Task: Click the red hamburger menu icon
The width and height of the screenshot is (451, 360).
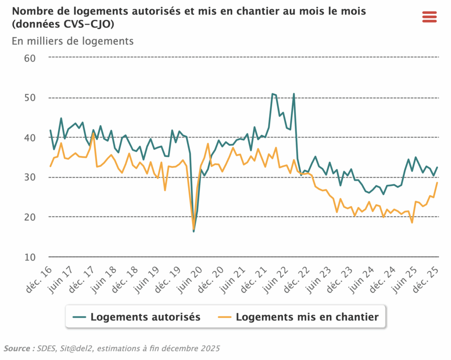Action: pos(429,16)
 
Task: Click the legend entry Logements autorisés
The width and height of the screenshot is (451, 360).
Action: pos(137,317)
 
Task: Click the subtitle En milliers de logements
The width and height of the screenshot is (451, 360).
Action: pos(73,41)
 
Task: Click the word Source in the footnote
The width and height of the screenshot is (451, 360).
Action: pos(17,349)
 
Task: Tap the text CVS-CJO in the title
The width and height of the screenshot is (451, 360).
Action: pos(90,25)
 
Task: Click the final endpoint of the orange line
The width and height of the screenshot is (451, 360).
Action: pos(437,183)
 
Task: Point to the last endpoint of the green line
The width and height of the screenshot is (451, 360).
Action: pos(437,167)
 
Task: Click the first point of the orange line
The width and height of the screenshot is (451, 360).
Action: pos(50,166)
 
